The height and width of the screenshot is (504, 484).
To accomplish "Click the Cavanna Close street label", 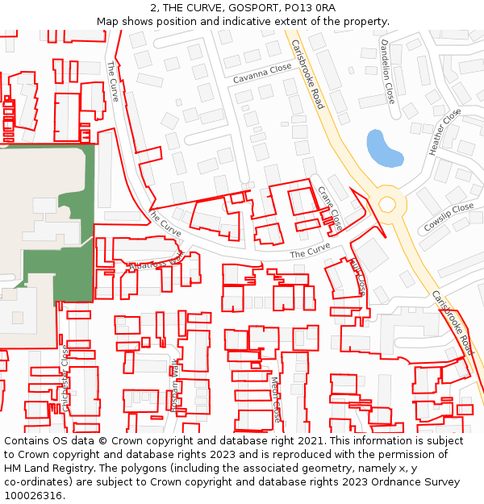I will pos(261,74).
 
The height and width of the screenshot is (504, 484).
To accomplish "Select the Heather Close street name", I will pos(445,132).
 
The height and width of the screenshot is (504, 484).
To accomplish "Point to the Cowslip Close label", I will pos(449,216).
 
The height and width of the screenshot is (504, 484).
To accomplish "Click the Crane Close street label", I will pos(330,207).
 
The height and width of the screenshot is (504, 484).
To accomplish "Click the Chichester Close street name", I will pos(65,378).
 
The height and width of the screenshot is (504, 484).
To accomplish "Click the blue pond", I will pos(383,148).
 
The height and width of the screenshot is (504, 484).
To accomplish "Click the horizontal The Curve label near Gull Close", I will pos(310,252).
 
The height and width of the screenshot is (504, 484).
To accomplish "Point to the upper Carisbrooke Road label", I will pos(307,73).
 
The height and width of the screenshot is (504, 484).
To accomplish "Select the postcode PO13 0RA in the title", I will pos(306,8).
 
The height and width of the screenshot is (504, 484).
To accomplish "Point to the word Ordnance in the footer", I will pos(407,482).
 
